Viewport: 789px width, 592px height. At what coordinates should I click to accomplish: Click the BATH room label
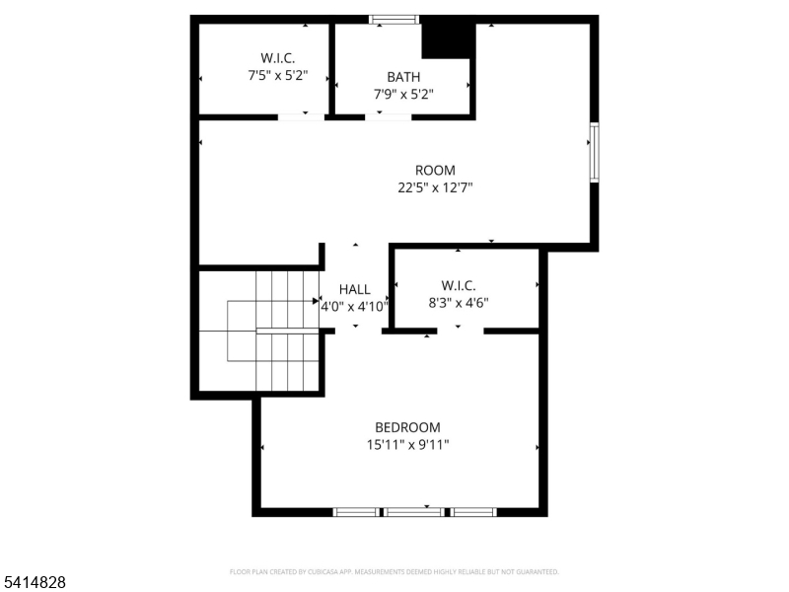coord(403,77)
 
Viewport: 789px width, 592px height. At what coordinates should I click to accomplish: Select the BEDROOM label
coord(407,427)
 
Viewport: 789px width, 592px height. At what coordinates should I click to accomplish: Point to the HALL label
coord(355,289)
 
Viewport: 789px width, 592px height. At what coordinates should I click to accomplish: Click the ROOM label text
coord(435,170)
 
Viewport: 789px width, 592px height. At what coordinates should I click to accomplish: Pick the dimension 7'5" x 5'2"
coord(277,75)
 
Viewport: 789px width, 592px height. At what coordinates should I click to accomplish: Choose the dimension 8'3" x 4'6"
coord(459,303)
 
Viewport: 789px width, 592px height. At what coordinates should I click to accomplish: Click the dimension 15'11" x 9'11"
coord(407,444)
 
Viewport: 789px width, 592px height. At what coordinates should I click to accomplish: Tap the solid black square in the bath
coord(444,39)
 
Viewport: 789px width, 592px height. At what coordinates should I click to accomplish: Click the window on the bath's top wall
coord(394,19)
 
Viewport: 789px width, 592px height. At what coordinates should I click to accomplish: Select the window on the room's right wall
coord(594,152)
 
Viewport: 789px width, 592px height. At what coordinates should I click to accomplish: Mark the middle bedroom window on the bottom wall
coord(413,512)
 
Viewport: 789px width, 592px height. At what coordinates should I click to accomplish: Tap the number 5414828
coord(35,583)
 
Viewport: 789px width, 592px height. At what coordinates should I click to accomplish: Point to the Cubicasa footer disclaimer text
coord(394,572)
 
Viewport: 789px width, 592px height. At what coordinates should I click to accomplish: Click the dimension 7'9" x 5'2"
coord(403,94)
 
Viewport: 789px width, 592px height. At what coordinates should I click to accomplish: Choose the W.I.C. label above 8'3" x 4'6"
coord(459,286)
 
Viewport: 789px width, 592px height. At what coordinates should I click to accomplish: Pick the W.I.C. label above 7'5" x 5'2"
coord(277,58)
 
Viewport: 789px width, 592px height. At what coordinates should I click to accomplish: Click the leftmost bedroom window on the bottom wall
coord(356,512)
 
